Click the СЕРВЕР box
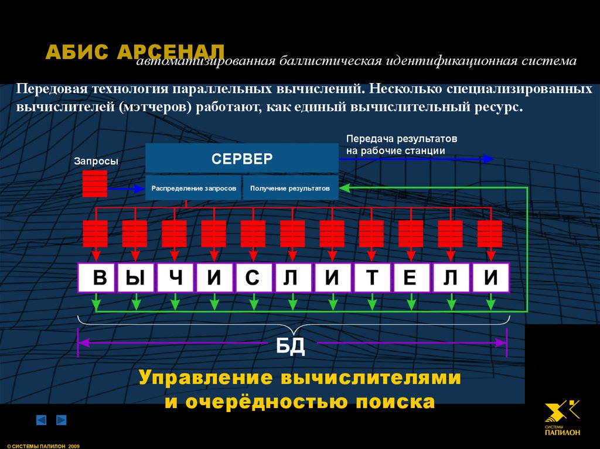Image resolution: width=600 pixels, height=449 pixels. [x=241, y=158]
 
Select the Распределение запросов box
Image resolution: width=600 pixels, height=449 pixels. [x=193, y=188]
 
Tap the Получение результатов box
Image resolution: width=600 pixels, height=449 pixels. [x=290, y=188]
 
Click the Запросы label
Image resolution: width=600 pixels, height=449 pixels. [x=96, y=161]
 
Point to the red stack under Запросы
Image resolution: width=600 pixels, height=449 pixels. [x=95, y=184]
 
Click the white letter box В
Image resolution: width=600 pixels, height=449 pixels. [x=97, y=277]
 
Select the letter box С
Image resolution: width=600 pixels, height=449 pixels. [x=253, y=277]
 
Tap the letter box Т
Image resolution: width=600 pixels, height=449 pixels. [x=371, y=277]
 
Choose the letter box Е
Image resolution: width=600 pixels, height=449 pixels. [x=411, y=277]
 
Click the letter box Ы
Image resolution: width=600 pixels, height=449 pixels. [x=136, y=277]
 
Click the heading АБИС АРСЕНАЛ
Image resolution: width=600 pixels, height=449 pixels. [x=135, y=52]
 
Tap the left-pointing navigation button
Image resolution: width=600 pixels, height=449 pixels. [x=41, y=420]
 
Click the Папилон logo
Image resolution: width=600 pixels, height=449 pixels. [x=562, y=417]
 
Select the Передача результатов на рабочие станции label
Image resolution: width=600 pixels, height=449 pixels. [x=401, y=145]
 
